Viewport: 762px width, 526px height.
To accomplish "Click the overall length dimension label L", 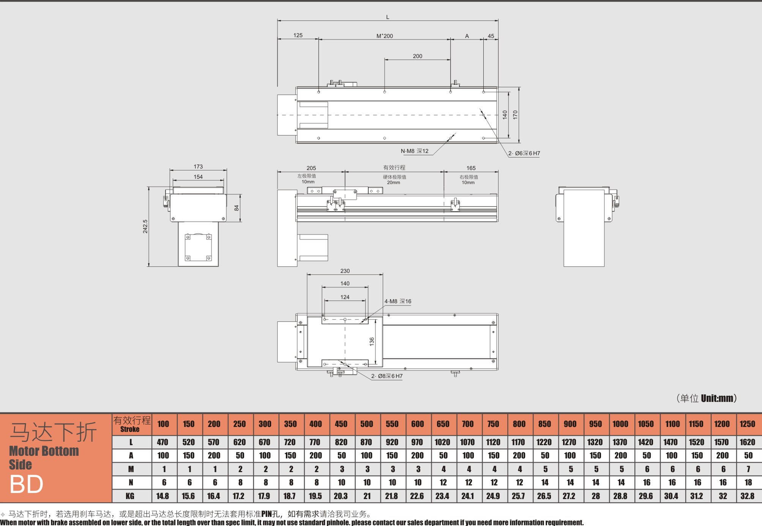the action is pyautogui.click(x=388, y=17).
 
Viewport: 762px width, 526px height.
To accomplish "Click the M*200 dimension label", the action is pyautogui.click(x=385, y=36).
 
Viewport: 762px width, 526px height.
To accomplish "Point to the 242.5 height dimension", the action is pyautogui.click(x=145, y=226).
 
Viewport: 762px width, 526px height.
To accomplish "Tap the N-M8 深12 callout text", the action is pyautogui.click(x=415, y=151).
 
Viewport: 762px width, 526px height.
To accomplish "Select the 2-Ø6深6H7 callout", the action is pyautogui.click(x=524, y=153).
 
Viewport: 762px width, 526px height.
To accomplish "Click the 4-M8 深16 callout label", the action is pyautogui.click(x=398, y=301).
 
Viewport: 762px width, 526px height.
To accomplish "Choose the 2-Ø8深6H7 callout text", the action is pyautogui.click(x=387, y=376).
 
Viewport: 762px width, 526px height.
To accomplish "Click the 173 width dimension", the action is pyautogui.click(x=198, y=167).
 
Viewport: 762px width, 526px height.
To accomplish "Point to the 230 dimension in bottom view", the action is pyautogui.click(x=345, y=271).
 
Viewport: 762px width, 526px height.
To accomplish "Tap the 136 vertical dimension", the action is pyautogui.click(x=372, y=341).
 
